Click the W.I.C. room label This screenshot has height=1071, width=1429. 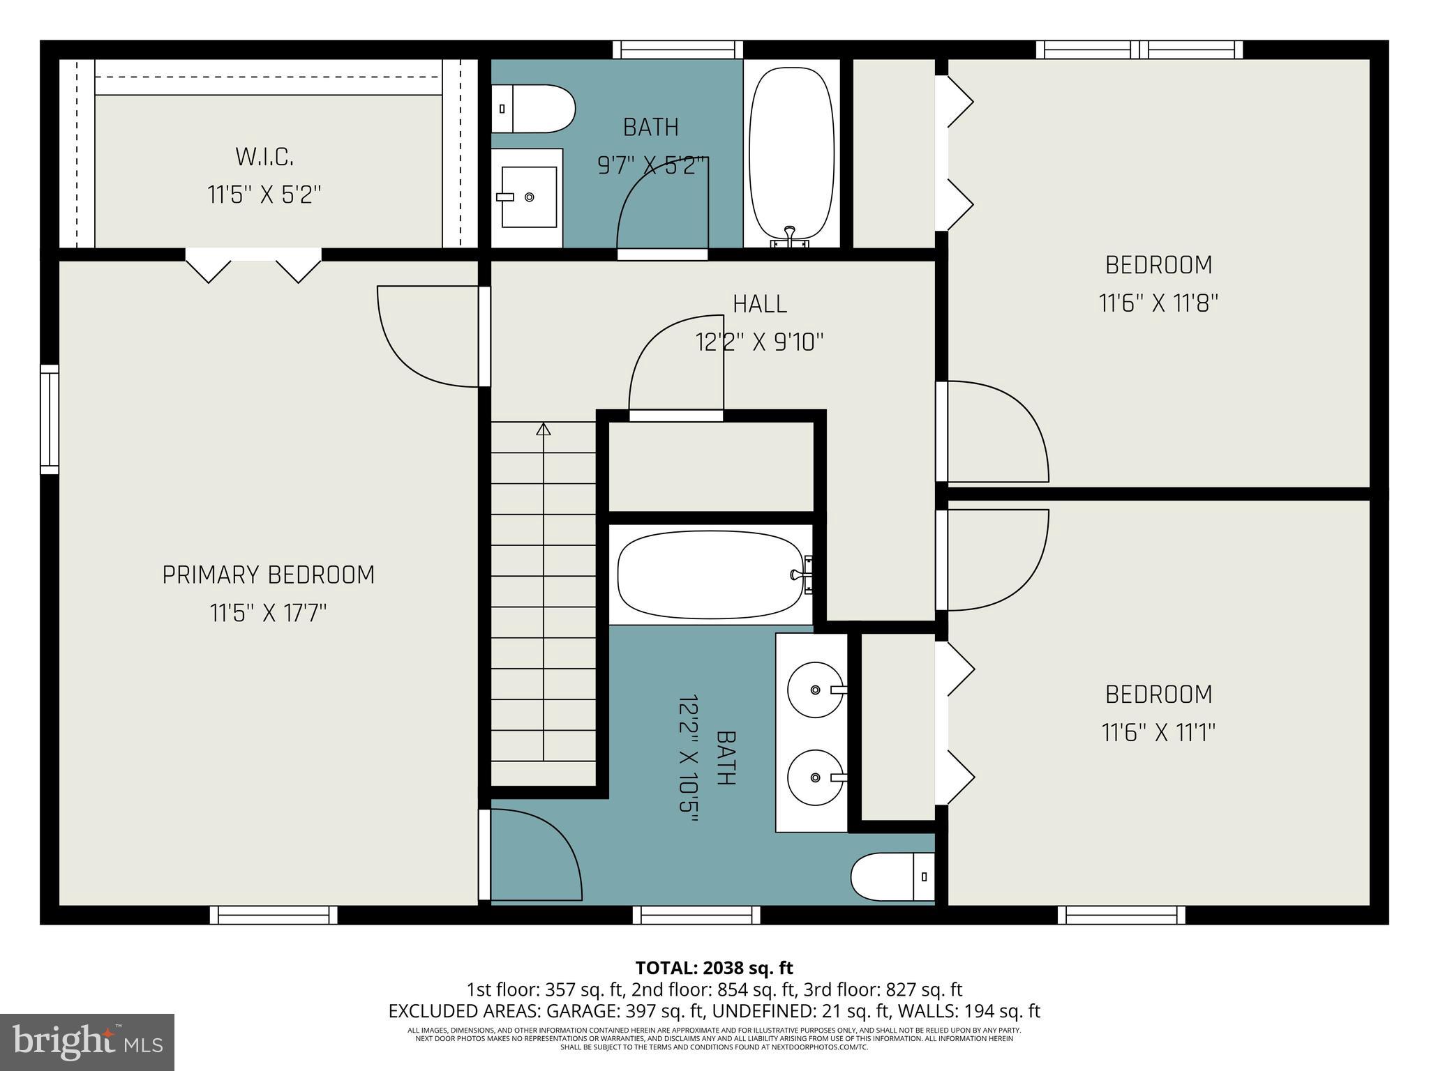coord(264,157)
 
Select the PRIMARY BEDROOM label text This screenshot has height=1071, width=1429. coord(268,575)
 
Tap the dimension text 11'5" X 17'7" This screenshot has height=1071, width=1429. coord(268,614)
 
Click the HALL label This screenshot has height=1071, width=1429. coord(759,304)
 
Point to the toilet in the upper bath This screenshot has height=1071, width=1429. coord(534,109)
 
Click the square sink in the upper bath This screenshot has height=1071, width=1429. coord(528,197)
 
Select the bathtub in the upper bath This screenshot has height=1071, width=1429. coord(791,153)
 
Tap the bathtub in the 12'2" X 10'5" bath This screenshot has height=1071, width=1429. coord(710,575)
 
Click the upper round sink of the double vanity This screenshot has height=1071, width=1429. coord(814,690)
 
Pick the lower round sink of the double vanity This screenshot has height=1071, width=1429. coord(814,777)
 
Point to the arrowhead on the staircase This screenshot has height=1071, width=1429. coord(543,429)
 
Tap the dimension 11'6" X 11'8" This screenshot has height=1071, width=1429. coord(1158,304)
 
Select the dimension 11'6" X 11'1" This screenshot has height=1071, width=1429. coord(1158,733)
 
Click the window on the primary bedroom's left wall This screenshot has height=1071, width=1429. coord(49,419)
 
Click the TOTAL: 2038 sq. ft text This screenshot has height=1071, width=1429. coord(714,968)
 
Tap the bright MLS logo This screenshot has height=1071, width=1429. coord(87,1042)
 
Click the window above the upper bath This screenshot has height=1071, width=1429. coord(678,50)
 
